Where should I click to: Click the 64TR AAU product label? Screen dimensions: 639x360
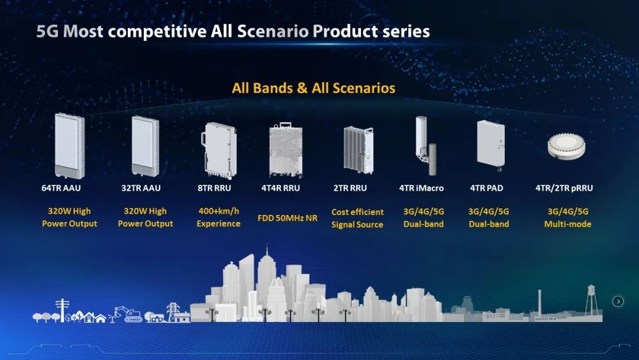(x=61, y=188)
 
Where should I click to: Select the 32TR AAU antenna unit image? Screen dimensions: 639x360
(x=145, y=146)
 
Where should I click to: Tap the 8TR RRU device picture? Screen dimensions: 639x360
(x=218, y=150)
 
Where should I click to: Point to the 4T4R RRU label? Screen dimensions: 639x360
(x=280, y=188)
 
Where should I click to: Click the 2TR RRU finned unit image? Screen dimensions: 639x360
(x=358, y=150)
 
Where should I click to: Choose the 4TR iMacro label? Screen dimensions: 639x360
(x=421, y=188)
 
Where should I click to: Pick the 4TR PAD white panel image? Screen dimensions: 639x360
(x=490, y=143)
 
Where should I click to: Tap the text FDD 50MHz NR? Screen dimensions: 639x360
(x=288, y=218)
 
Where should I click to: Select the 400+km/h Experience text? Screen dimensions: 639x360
(x=218, y=217)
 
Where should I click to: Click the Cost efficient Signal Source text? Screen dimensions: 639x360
(x=357, y=218)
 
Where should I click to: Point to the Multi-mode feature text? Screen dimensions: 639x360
(x=567, y=224)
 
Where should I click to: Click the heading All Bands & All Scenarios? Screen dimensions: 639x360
(x=314, y=88)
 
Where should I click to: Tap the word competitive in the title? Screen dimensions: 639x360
(x=157, y=31)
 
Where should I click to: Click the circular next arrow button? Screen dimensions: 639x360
(x=618, y=301)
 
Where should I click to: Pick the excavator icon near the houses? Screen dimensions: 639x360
(x=128, y=314)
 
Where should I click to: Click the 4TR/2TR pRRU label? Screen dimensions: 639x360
(x=564, y=188)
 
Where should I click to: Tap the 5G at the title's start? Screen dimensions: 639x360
(x=47, y=31)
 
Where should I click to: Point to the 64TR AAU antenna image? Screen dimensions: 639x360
(x=70, y=146)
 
